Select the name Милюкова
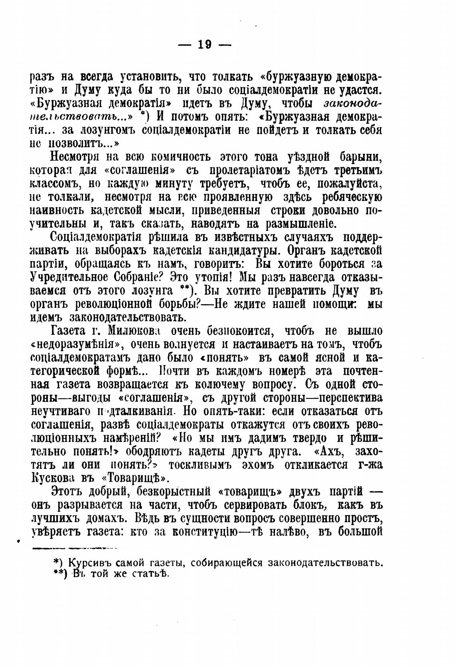(125, 331)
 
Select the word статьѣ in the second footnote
(153, 575)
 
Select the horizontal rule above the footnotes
(74, 548)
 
